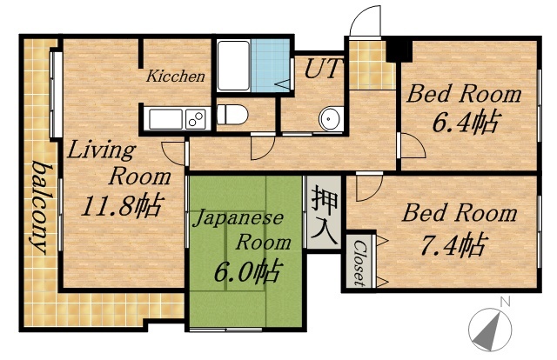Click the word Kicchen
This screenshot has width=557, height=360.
pyautogui.click(x=175, y=77)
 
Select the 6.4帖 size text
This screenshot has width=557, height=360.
pyautogui.click(x=465, y=122)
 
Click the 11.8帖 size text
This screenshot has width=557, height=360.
pyautogui.click(x=121, y=207)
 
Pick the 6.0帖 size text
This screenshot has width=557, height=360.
pyautogui.click(x=246, y=271)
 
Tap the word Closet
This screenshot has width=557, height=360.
pyautogui.click(x=358, y=263)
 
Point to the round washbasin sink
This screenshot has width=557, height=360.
pyautogui.click(x=329, y=118)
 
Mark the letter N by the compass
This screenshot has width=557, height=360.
pyautogui.click(x=503, y=302)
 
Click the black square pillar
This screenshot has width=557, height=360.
pyautogui.click(x=399, y=50)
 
